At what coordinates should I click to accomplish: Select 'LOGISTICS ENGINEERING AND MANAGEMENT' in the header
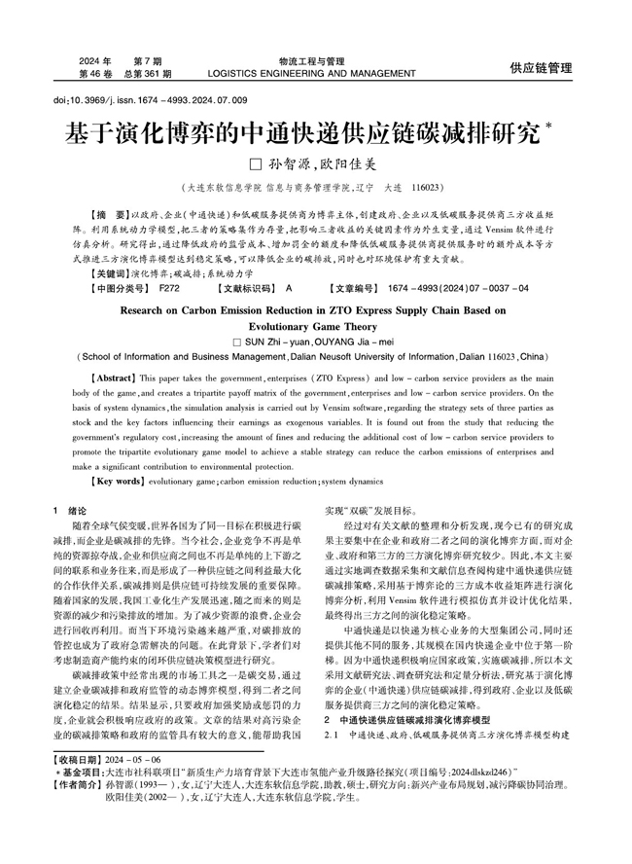(x=318, y=73)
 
